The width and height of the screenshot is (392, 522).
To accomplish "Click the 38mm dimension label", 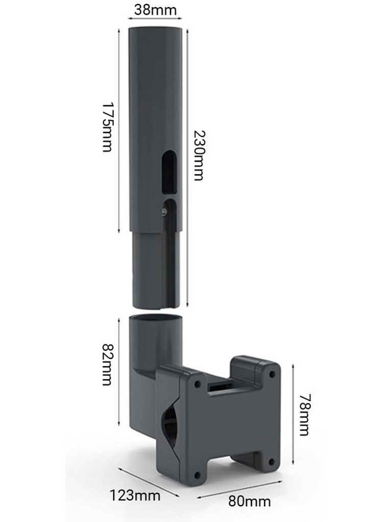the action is coord(155,10).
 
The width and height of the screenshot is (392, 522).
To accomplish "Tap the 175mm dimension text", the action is coord(107,127).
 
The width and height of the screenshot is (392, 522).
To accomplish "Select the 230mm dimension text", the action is coord(199,155).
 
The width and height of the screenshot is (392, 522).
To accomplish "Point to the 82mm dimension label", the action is coord(107,364).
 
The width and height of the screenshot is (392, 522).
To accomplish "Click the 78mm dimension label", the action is coord(305,415).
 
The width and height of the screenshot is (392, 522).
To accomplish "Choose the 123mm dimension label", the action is coord(135,495).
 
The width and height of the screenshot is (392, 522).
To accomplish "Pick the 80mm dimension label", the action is coord(250,501).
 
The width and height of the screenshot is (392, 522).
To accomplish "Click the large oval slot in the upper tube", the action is coord(169,171).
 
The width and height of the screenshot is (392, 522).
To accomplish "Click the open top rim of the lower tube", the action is coord(156,317).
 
